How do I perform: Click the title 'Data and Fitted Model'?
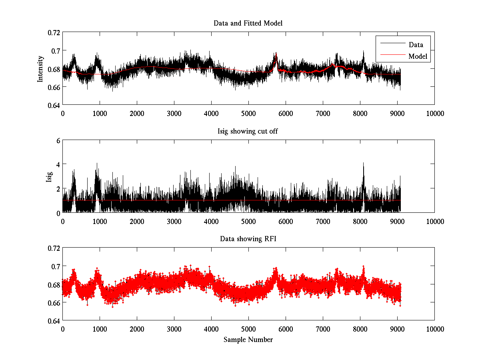pos(248,23)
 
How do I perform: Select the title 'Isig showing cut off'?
pos(248,131)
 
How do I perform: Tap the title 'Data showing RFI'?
pos(248,239)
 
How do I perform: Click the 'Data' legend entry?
pos(416,44)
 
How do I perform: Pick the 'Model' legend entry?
pos(418,56)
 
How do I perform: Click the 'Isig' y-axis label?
pos(49,176)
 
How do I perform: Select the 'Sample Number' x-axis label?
pos(248,340)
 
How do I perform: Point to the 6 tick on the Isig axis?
pos(58,140)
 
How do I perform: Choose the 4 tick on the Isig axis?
pos(58,164)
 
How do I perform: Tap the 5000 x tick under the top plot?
pos(248,113)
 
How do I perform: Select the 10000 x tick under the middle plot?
pos(434,221)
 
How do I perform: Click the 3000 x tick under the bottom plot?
pos(174,329)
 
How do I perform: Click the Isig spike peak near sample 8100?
pos(363,163)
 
